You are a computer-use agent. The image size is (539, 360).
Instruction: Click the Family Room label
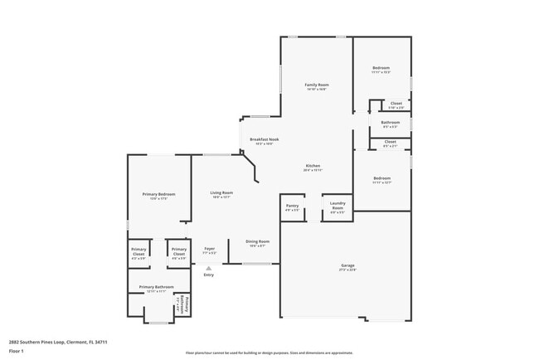pos(317,85)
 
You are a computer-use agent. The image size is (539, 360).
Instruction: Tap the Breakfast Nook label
pos(264,139)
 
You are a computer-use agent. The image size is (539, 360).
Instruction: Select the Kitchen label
pos(313,166)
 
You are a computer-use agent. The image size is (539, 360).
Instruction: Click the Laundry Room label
pos(337,205)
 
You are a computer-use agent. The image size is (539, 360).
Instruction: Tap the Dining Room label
pos(257,241)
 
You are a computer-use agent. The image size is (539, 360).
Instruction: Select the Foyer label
pos(210,249)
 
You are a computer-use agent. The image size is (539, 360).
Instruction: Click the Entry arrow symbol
pos(209,269)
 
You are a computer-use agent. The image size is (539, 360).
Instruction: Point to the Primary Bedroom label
pos(157,195)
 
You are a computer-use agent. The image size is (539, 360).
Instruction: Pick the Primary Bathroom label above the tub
pos(156,288)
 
